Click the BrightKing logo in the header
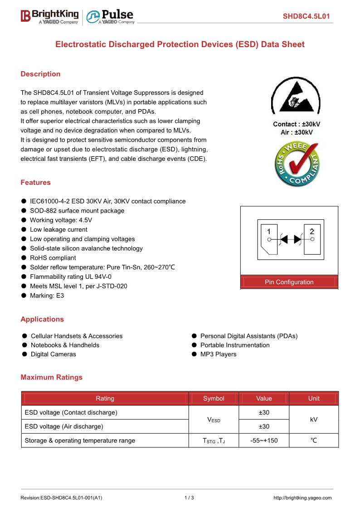49,16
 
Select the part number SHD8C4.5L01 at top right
306,17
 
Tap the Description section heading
40,74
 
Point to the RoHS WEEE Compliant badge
297,164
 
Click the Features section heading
35,182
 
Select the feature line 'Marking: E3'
47,296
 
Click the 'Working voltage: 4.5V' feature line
61,220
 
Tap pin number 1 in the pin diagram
269,231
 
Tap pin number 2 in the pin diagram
312,231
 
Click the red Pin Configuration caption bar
289,282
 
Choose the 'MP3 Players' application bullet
218,354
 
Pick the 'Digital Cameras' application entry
53,354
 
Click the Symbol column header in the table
214,398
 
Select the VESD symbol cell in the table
214,420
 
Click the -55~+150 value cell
264,441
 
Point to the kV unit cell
314,420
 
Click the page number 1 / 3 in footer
189,498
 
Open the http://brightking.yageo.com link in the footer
302,498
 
